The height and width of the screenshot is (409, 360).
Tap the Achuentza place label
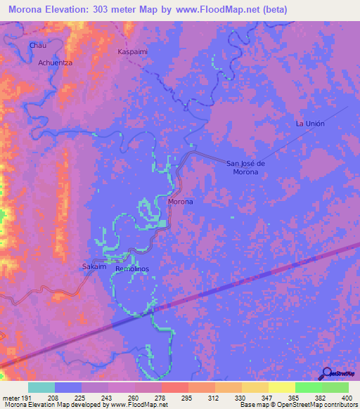56,63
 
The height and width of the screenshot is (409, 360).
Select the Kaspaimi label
133,52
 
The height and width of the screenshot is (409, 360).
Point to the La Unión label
310,123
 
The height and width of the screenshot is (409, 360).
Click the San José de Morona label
245,167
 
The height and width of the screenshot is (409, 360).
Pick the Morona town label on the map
181,202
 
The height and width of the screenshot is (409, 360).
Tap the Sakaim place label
94,268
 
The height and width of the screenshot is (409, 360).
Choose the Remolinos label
132,269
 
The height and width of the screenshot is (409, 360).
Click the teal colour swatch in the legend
41,387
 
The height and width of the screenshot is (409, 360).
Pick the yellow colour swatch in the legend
255,387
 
